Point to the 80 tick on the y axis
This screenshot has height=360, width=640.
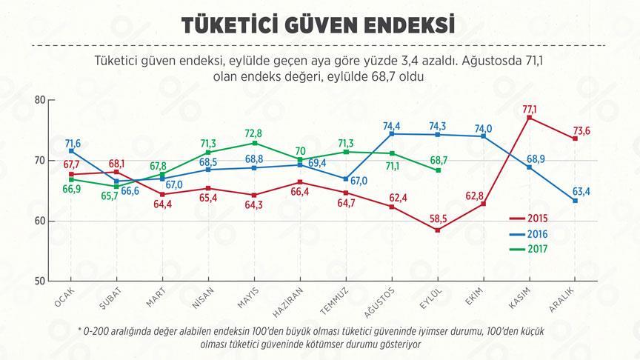(x=40, y=100)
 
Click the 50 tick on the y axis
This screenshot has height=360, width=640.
(x=40, y=281)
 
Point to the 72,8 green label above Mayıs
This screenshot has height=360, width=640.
(x=254, y=133)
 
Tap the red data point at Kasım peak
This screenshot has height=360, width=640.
(x=530, y=118)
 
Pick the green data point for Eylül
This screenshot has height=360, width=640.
(x=439, y=170)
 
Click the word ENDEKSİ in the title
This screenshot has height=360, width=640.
(x=396, y=24)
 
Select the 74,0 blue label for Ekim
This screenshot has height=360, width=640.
(x=484, y=127)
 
